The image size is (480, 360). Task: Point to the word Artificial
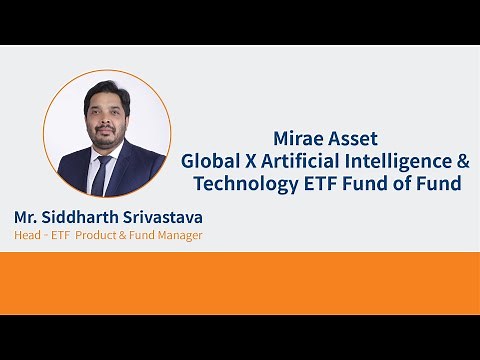302,161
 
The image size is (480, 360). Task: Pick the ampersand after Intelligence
461,161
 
